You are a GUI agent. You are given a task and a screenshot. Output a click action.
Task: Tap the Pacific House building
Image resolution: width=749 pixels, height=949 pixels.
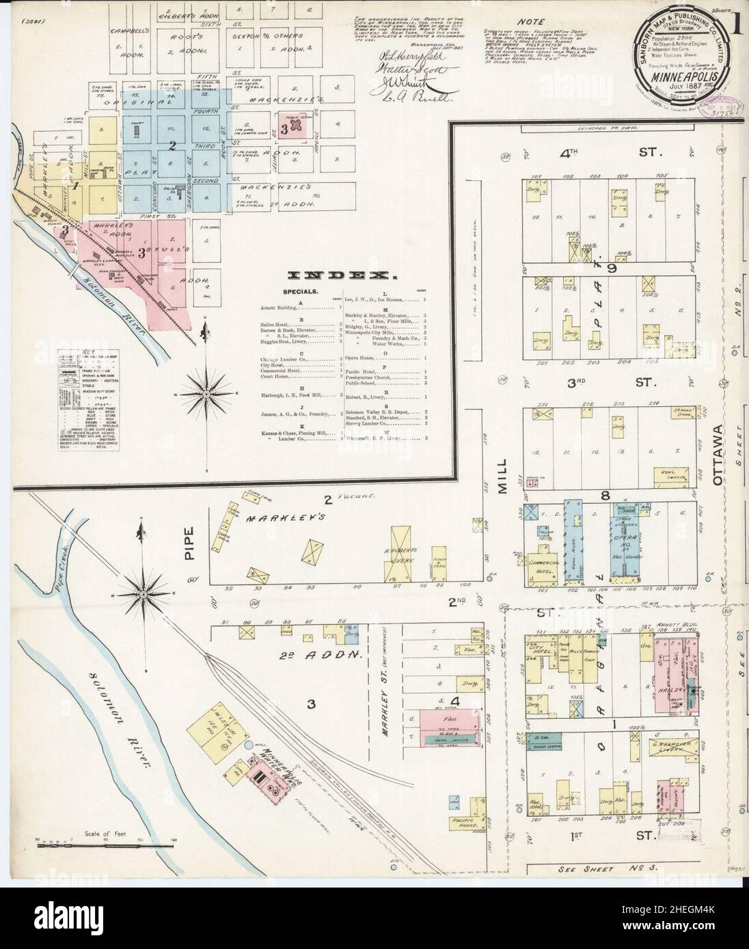[x=469, y=821]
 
